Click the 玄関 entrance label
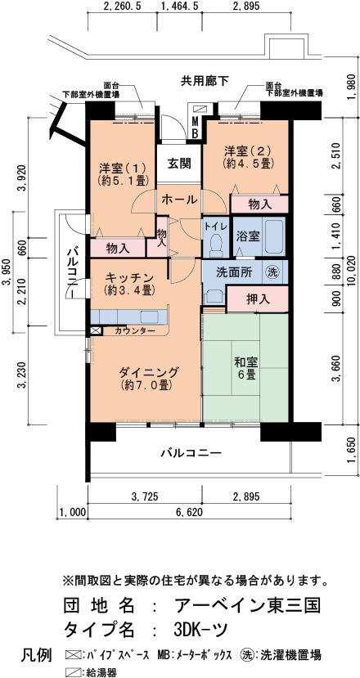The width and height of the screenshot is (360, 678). pos(178,164)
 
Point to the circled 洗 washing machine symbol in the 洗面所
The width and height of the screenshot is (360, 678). pos(272,272)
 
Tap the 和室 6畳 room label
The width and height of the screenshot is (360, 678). pos(245,367)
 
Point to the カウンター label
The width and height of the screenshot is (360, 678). pos(136,330)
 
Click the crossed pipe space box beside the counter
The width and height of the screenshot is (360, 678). pos(95,330)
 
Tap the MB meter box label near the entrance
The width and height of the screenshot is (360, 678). pos(195,127)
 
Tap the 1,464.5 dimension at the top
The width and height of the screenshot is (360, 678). pos(179,7)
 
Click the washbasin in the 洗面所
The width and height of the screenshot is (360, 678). pos(215,297)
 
